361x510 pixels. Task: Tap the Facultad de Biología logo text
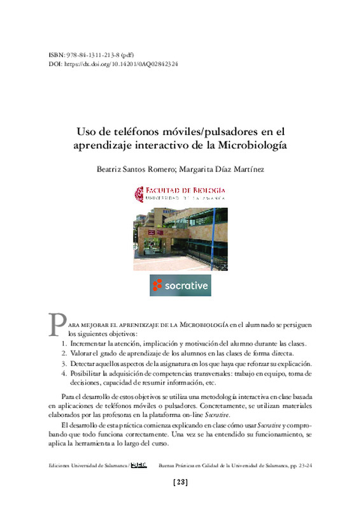coord(180,193)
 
